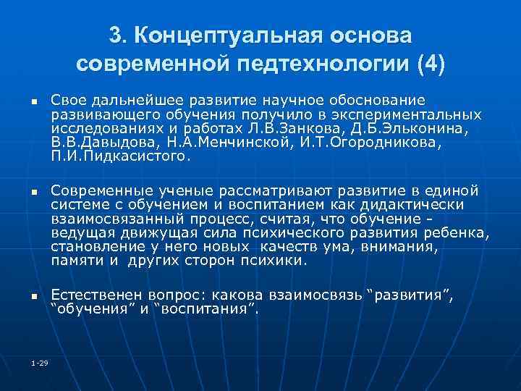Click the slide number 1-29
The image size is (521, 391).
(x=40, y=363)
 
